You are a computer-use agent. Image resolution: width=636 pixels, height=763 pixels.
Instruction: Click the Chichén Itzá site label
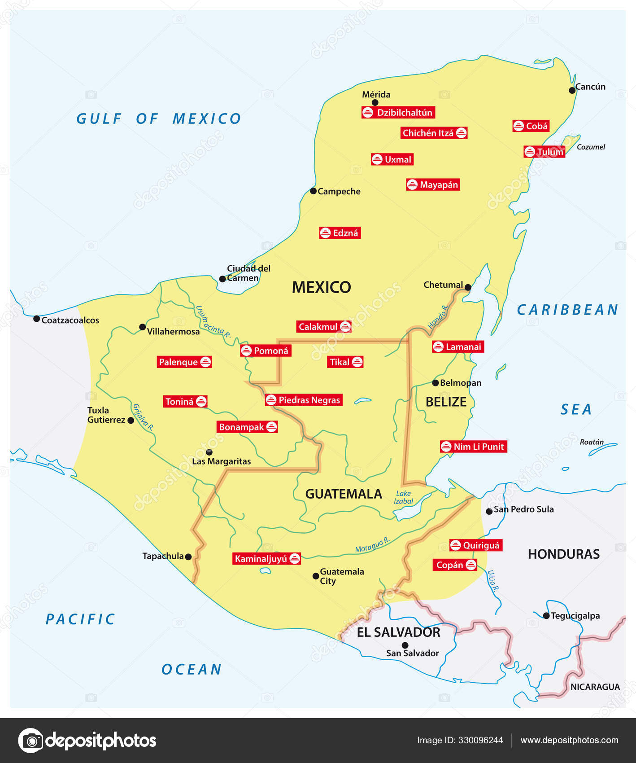434,133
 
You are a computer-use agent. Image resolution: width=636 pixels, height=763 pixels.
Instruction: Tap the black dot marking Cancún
572,90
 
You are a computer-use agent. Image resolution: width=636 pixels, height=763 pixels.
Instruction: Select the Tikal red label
346,362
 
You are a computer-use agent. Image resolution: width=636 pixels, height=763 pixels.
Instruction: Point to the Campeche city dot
314,191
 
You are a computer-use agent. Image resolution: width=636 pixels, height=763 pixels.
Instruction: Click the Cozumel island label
591,147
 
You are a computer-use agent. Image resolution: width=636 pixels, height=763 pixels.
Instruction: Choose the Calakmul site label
324,327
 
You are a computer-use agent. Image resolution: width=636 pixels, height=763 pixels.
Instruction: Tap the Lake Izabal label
403,497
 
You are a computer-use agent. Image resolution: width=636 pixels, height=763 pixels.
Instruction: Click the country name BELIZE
446,402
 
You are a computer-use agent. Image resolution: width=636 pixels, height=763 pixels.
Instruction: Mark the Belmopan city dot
435,383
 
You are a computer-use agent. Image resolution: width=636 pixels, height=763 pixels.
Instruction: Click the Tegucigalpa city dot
546,616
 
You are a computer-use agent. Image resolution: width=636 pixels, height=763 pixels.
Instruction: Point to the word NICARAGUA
595,687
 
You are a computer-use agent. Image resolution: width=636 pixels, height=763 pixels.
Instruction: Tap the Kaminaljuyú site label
267,559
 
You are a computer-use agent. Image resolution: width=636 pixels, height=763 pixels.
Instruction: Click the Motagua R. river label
372,545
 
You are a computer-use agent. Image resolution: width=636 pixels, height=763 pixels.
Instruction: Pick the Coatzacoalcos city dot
37,319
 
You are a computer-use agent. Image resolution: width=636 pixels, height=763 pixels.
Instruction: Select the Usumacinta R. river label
213,322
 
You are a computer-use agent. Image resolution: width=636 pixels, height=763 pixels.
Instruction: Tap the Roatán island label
592,442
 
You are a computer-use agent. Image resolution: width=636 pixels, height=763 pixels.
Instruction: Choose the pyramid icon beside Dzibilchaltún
368,113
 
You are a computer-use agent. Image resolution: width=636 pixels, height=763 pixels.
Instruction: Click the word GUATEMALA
344,494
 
